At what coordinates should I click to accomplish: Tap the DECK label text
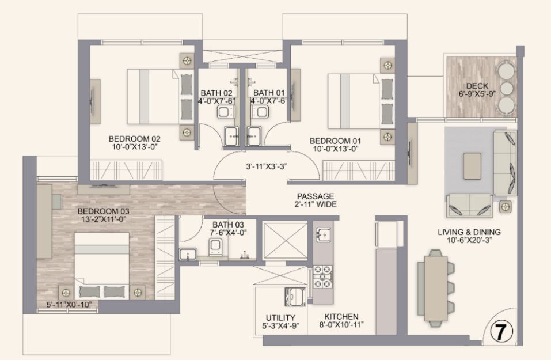tap(477, 86)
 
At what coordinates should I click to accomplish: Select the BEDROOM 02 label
tap(134, 138)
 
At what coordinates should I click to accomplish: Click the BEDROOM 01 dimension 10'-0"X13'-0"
tap(335, 149)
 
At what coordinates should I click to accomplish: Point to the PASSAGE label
tap(316, 196)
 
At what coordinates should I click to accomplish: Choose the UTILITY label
tap(280, 318)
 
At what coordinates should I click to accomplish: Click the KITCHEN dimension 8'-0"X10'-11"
tap(341, 325)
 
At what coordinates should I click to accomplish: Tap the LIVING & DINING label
tap(469, 232)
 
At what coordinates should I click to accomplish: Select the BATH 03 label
tap(228, 224)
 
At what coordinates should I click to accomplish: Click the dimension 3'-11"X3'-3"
tap(266, 166)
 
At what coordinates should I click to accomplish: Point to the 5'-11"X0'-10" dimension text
tap(71, 305)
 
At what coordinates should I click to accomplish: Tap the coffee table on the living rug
tap(472, 166)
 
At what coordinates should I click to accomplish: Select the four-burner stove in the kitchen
tap(323, 277)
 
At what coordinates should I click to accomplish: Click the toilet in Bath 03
tap(215, 247)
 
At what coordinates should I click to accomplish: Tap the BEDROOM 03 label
tap(103, 211)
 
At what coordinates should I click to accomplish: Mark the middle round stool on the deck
tap(506, 88)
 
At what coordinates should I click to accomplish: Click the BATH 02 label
tap(216, 93)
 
